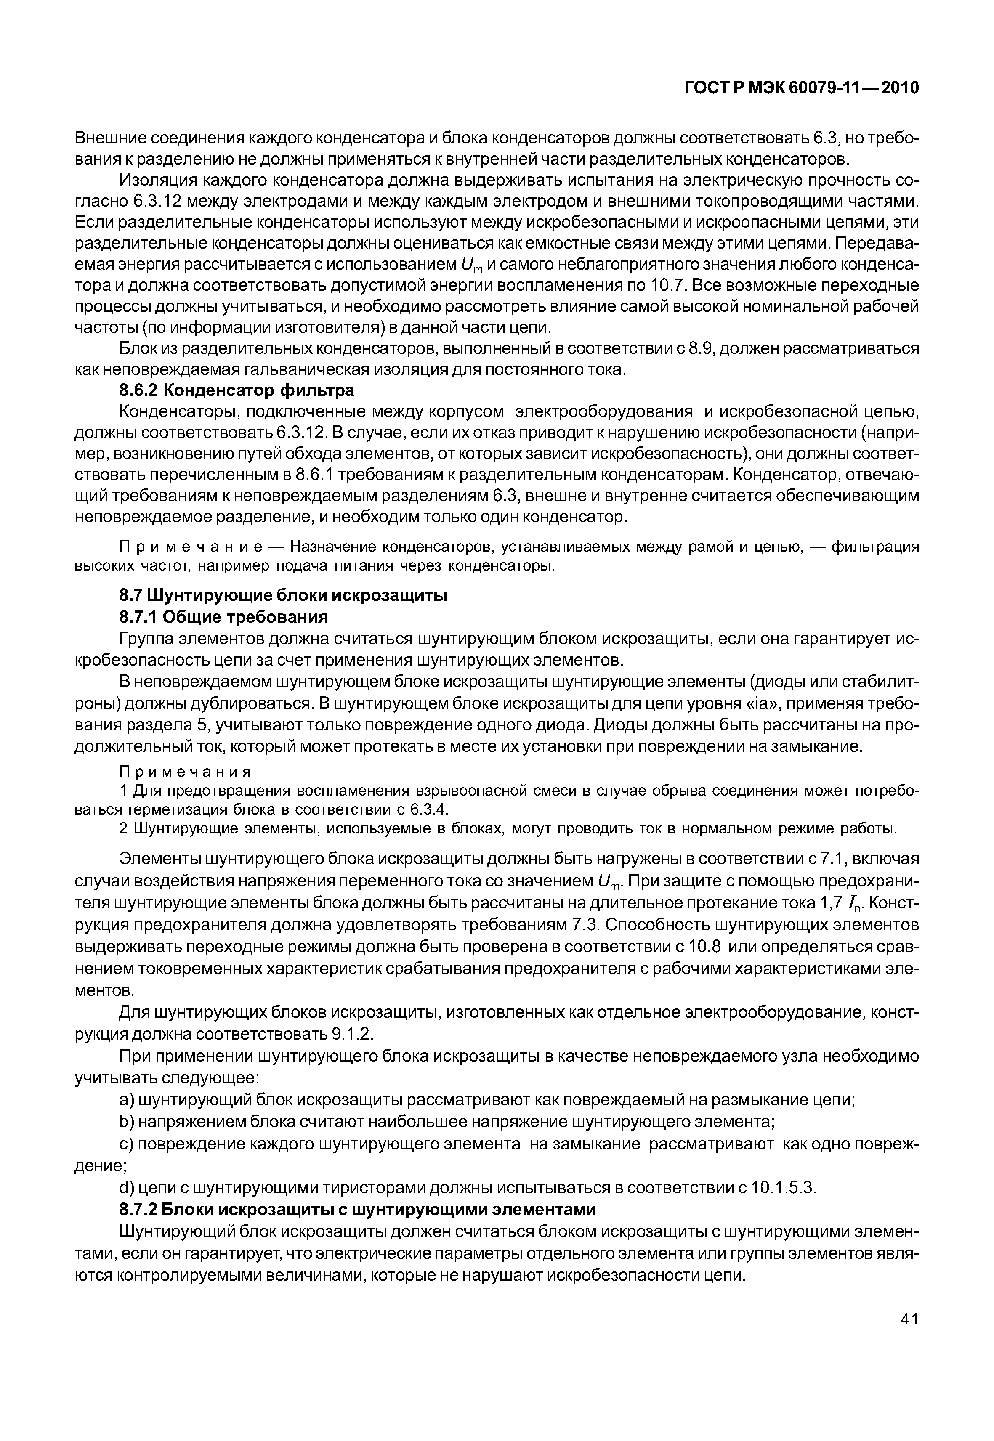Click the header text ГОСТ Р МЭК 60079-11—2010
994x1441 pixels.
[x=802, y=88]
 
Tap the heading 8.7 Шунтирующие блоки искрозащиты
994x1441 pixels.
[x=283, y=595]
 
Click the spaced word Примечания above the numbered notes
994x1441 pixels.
[x=185, y=772]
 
